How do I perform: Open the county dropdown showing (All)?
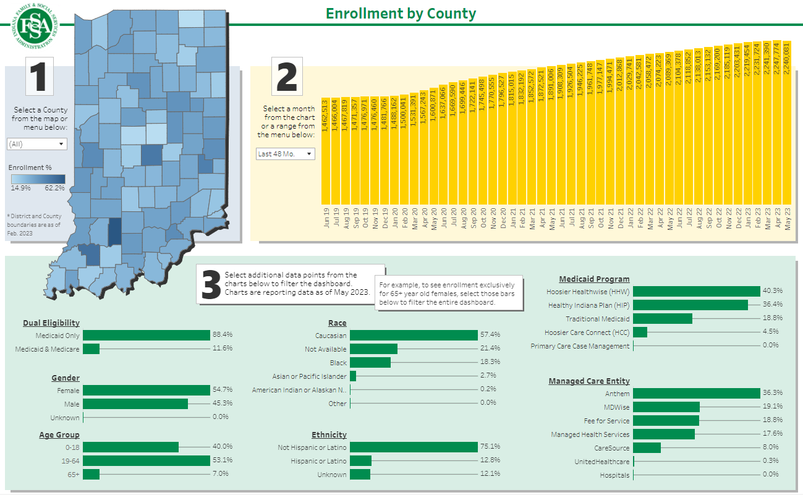[36, 144]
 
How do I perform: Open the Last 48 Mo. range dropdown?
[286, 154]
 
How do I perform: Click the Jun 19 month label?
[326, 219]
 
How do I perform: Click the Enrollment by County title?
[401, 13]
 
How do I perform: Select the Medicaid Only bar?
[147, 336]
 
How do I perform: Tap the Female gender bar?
[147, 391]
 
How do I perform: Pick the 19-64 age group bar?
[147, 461]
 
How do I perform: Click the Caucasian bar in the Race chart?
[414, 336]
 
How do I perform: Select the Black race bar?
[370, 363]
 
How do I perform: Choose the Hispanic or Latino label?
[318, 461]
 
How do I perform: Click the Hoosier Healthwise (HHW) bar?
[696, 292]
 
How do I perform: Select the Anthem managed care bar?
[696, 394]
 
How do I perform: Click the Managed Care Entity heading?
[589, 381]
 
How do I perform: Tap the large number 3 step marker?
[212, 284]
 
